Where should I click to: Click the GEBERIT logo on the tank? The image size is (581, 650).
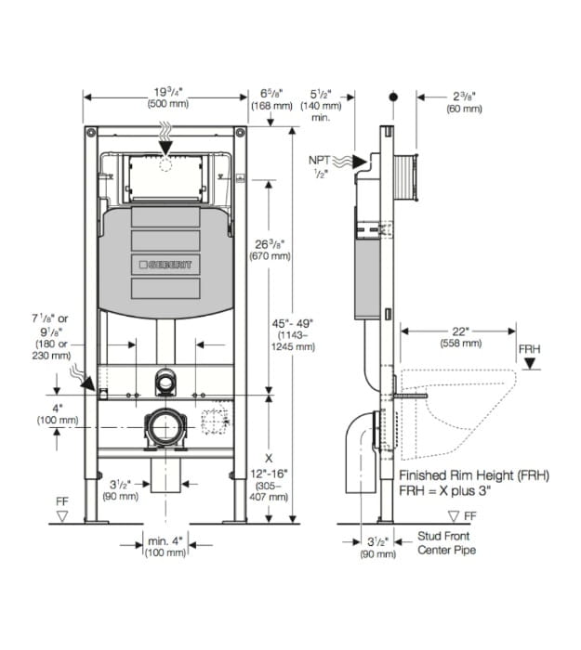point(165,265)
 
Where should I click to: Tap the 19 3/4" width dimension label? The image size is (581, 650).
point(168,92)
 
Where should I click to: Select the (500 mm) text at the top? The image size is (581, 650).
point(168,104)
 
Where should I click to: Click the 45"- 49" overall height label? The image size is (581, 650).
point(293,323)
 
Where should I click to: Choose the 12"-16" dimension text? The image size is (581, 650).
point(269,474)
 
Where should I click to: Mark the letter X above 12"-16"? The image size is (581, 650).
point(269,459)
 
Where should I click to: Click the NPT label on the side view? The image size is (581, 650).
point(320,160)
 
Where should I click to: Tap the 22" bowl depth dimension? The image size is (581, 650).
point(461,331)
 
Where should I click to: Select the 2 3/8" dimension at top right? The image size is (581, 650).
point(465,97)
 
